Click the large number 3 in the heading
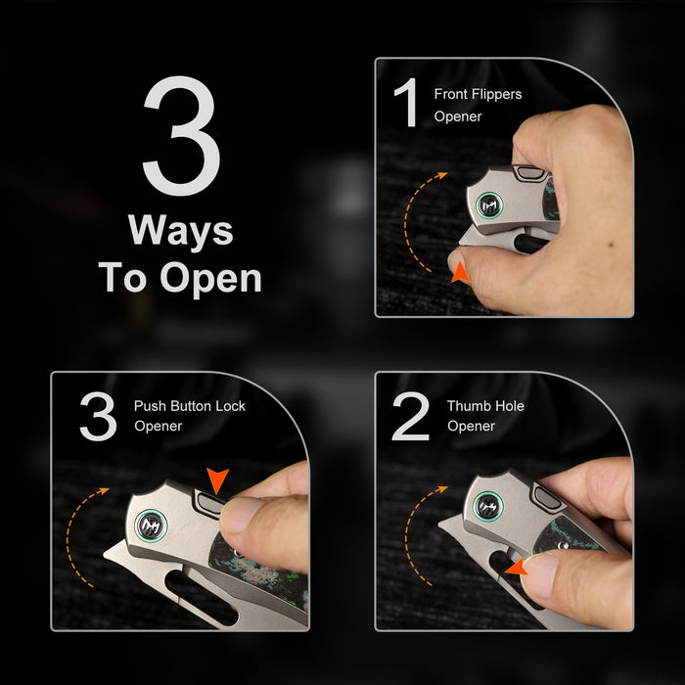pyautogui.click(x=181, y=135)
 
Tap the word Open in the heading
pyautogui.click(x=211, y=279)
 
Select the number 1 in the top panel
pyautogui.click(x=406, y=103)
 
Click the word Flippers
pyautogui.click(x=496, y=95)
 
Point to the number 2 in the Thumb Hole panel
pyautogui.click(x=410, y=416)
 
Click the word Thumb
pyautogui.click(x=468, y=406)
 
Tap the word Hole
pyautogui.click(x=509, y=406)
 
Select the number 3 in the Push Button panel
pyautogui.click(x=98, y=416)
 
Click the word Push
pyautogui.click(x=151, y=406)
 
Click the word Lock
pyautogui.click(x=231, y=406)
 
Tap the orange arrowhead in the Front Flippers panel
pyautogui.click(x=460, y=273)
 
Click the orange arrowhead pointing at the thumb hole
pyautogui.click(x=517, y=568)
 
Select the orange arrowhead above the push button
pyautogui.click(x=217, y=479)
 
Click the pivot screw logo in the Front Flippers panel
pyautogui.click(x=489, y=205)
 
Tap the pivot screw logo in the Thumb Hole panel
pyautogui.click(x=488, y=506)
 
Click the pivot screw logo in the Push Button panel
pyautogui.click(x=151, y=525)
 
